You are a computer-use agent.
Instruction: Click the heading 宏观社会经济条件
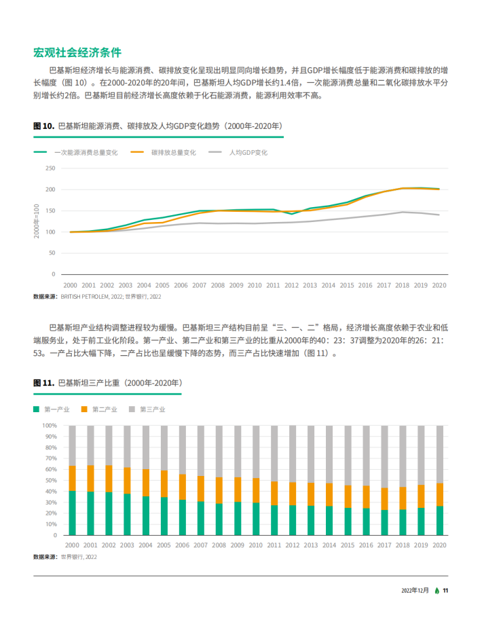click(77, 52)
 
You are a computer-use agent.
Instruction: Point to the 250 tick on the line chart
click(50, 168)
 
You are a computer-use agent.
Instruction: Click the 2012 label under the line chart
click(291, 285)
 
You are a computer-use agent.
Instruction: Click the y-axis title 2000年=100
click(37, 221)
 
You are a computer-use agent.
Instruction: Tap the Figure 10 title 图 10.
click(43, 126)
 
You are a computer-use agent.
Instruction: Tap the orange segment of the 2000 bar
click(72, 478)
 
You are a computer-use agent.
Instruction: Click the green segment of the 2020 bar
click(440, 521)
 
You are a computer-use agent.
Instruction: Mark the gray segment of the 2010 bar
click(256, 452)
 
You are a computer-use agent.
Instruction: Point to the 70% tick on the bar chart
click(51, 458)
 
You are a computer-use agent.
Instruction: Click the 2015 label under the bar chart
click(348, 545)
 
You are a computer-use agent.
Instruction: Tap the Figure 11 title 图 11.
click(43, 383)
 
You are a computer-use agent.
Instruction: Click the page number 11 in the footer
click(445, 591)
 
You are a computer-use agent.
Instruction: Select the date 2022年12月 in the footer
click(415, 591)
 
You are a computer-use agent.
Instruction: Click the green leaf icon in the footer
click(437, 591)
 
